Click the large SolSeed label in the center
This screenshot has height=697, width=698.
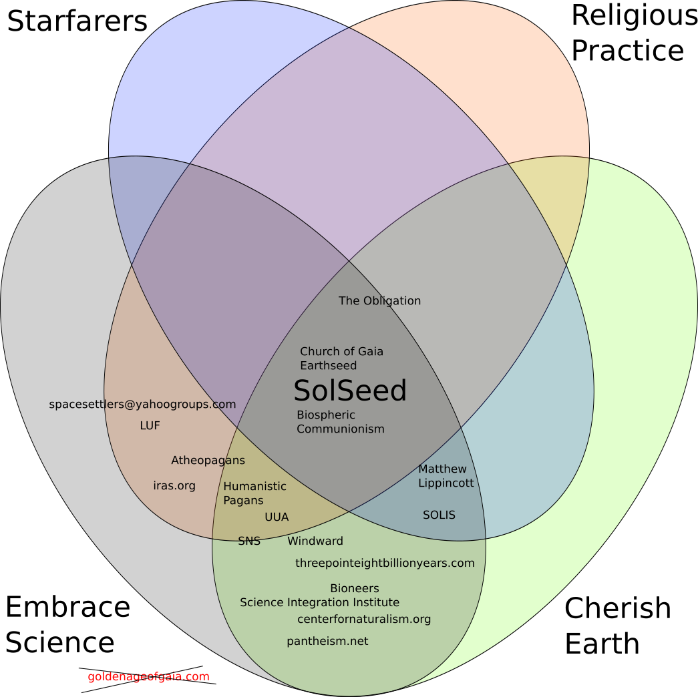tap(350, 391)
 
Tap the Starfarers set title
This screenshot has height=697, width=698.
tap(77, 21)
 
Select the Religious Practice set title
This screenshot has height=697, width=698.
tap(634, 33)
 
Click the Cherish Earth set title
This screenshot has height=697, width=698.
tap(617, 626)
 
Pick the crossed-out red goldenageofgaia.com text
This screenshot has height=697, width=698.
tap(148, 676)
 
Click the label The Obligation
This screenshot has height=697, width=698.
tap(379, 301)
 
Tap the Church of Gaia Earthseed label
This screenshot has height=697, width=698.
tap(341, 359)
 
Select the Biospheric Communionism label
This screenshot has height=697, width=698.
tap(341, 421)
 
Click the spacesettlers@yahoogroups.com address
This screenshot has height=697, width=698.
tap(142, 404)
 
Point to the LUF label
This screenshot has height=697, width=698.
tap(150, 425)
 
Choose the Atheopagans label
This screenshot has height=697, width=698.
tap(208, 460)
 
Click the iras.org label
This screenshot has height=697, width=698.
tap(174, 485)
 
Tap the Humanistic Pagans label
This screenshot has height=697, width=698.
tap(254, 493)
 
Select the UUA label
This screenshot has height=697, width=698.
tap(277, 517)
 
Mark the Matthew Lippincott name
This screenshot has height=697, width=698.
tap(446, 476)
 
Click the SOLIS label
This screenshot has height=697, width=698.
tap(439, 515)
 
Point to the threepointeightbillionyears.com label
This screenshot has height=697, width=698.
tap(385, 563)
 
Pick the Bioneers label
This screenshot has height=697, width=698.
tap(354, 588)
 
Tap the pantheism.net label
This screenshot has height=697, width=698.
tap(327, 641)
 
